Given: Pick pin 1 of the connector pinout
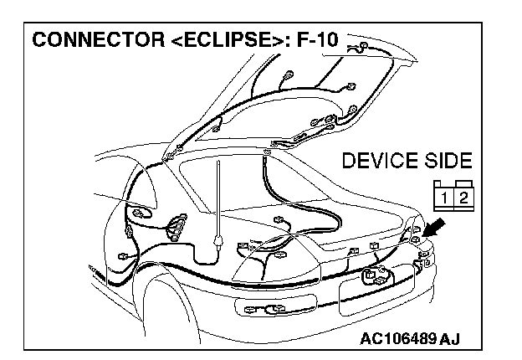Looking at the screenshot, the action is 442,198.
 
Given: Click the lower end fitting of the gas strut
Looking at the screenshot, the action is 218,243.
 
